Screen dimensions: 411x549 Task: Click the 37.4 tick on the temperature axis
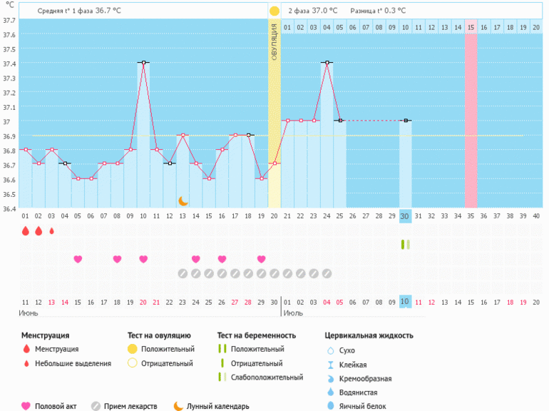point(9,63)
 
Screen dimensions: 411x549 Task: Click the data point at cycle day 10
point(143,63)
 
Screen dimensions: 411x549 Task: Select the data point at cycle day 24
point(327,63)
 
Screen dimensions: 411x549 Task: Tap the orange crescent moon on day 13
point(183,201)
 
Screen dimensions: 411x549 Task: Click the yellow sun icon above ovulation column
point(274,11)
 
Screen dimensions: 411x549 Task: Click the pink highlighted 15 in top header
point(471,27)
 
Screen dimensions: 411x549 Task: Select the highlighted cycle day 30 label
point(405,216)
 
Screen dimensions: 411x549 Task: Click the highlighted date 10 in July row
point(405,302)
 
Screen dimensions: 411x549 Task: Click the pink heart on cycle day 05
point(78,259)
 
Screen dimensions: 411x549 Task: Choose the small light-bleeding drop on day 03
point(52,231)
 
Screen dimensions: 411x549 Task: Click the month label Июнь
point(29,313)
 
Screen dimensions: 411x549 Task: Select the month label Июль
point(293,313)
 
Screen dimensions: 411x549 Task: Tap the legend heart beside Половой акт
point(26,406)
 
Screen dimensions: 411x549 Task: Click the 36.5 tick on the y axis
point(9,194)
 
